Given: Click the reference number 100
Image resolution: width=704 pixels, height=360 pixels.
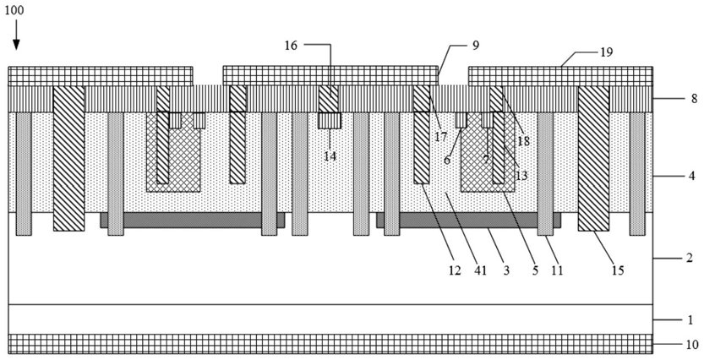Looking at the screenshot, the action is [x=14, y=10].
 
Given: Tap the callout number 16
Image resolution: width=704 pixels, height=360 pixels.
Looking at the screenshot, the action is [x=291, y=45].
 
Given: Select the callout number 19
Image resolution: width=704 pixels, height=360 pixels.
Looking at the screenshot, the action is [x=606, y=52].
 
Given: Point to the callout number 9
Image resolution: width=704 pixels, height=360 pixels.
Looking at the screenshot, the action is [x=476, y=45].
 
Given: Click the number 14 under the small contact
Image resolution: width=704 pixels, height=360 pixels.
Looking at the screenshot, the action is [x=330, y=156].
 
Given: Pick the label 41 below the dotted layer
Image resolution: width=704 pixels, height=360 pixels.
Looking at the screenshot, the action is [x=480, y=270].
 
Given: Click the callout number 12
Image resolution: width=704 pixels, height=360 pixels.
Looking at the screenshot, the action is [x=455, y=270].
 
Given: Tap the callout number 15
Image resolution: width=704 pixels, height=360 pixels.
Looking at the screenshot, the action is [x=618, y=270].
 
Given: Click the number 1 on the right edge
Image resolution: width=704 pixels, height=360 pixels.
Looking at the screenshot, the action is [x=690, y=319].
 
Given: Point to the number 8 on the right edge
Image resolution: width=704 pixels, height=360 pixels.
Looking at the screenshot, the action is [x=694, y=99].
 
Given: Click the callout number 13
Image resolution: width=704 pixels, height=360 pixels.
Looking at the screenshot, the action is [x=521, y=176].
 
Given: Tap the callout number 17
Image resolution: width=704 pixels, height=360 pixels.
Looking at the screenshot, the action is [x=440, y=135].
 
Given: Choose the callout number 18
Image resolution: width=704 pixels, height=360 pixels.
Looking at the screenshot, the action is [x=523, y=140].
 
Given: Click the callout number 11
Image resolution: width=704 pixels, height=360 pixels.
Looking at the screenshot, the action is [x=557, y=270].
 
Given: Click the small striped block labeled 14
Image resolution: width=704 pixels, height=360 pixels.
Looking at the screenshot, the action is [x=330, y=120].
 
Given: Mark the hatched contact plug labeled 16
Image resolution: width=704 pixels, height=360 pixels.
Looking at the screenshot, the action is [x=329, y=99].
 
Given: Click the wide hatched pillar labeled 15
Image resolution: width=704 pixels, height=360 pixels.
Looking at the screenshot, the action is [x=593, y=158].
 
